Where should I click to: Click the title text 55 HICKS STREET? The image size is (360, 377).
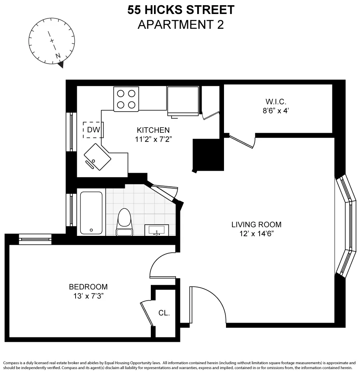[180, 10]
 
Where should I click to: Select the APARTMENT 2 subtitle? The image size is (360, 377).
[180, 25]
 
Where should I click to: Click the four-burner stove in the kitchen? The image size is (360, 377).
[126, 99]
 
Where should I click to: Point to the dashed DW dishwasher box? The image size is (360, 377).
[93, 130]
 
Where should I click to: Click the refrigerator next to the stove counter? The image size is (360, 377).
[183, 101]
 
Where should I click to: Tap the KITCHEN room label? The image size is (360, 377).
[153, 130]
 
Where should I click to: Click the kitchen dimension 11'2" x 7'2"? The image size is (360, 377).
[153, 139]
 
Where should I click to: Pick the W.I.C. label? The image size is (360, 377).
[276, 102]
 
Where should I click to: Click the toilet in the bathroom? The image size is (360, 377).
[124, 222]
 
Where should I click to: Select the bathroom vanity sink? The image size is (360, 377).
[156, 230]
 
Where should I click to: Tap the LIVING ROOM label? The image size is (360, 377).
[256, 224]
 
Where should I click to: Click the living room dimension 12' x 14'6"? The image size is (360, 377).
[256, 233]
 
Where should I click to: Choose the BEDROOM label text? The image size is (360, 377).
[88, 287]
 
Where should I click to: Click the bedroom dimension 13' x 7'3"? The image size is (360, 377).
[88, 296]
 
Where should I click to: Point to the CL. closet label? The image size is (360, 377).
[164, 313]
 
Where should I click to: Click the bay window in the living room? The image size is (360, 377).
[346, 225]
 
